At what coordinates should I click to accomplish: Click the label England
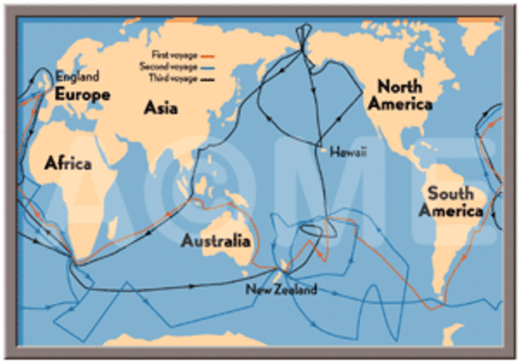77,77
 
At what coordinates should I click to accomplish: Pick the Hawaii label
341,151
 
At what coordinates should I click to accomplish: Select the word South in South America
451,194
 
